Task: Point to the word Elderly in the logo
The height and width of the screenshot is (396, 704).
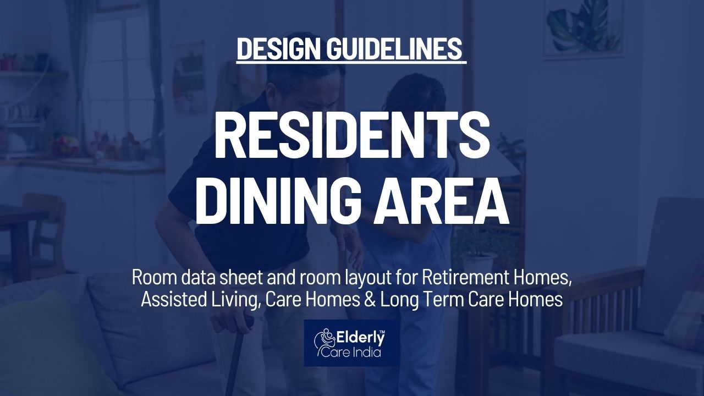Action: [360, 339]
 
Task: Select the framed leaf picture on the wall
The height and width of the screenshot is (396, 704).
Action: [584, 29]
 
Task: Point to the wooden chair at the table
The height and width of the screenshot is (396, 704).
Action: [47, 233]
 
